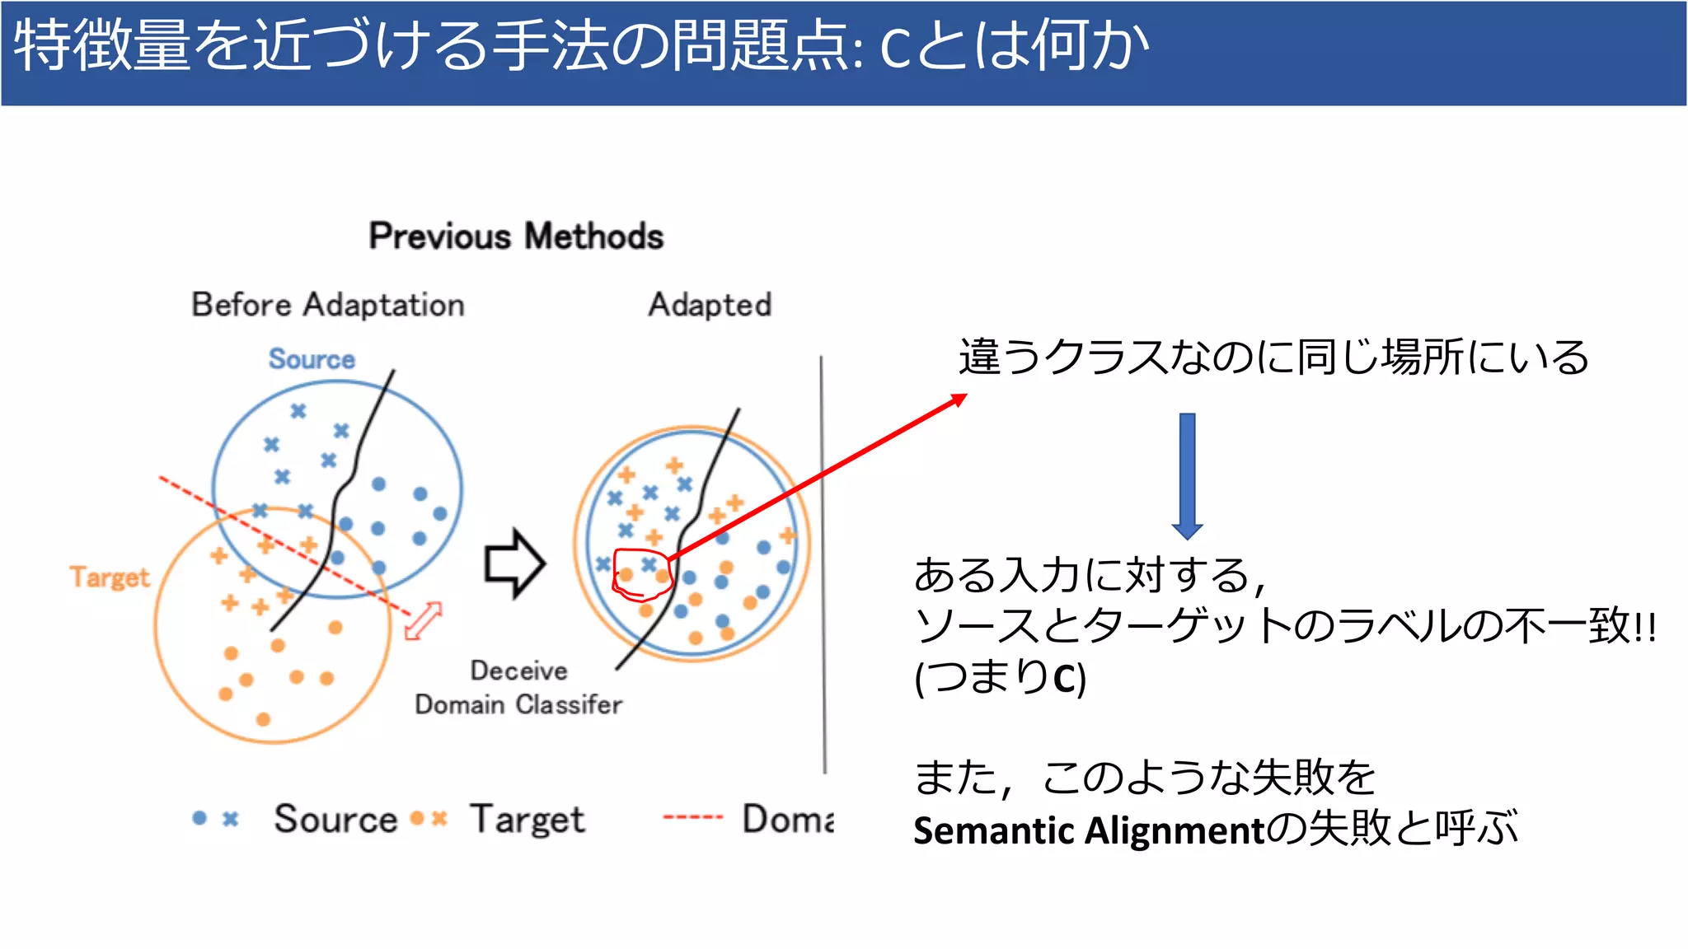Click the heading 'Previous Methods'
click(x=516, y=236)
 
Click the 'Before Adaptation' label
click(x=328, y=305)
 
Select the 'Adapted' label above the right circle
click(x=710, y=305)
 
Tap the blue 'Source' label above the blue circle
click(x=312, y=359)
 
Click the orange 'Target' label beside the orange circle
click(x=110, y=577)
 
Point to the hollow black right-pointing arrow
click(x=515, y=563)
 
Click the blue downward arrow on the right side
click(x=1187, y=475)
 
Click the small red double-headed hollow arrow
click(x=424, y=620)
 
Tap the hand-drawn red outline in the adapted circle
click(x=642, y=575)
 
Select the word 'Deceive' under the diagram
click(x=518, y=671)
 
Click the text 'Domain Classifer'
click(x=518, y=705)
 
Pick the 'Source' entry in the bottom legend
click(x=335, y=819)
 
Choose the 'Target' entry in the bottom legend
click(x=527, y=819)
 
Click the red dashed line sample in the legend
click(x=692, y=818)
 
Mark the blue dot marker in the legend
click(x=199, y=818)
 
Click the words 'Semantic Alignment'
click(x=1088, y=830)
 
